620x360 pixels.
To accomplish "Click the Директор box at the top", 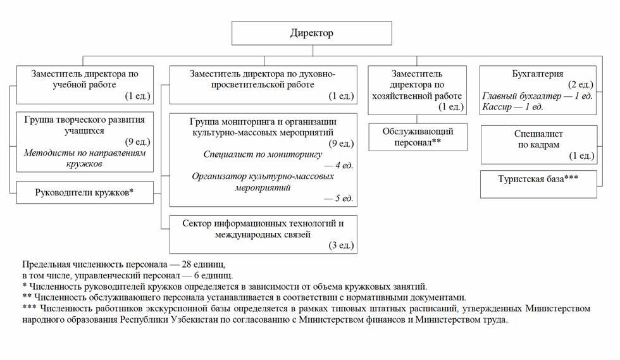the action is [x=311, y=33].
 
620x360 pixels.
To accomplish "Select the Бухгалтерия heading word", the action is [x=537, y=73].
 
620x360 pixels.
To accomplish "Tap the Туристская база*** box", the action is [x=538, y=184].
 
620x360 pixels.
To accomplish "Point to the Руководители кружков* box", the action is [x=85, y=193].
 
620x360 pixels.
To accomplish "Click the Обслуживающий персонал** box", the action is [x=418, y=137].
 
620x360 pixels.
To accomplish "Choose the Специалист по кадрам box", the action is [x=539, y=145].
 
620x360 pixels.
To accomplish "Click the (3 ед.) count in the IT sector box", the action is [x=341, y=245].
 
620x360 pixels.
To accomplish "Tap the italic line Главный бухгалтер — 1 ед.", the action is [x=537, y=96].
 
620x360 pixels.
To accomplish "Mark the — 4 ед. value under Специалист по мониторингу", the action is [x=338, y=165].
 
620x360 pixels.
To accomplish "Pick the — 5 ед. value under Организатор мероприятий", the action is [x=338, y=198].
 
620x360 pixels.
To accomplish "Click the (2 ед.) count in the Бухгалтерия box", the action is [x=581, y=85].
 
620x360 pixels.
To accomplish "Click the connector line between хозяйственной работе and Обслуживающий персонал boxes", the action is [x=417, y=119].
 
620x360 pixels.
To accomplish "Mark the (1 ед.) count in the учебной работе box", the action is [x=138, y=96].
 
